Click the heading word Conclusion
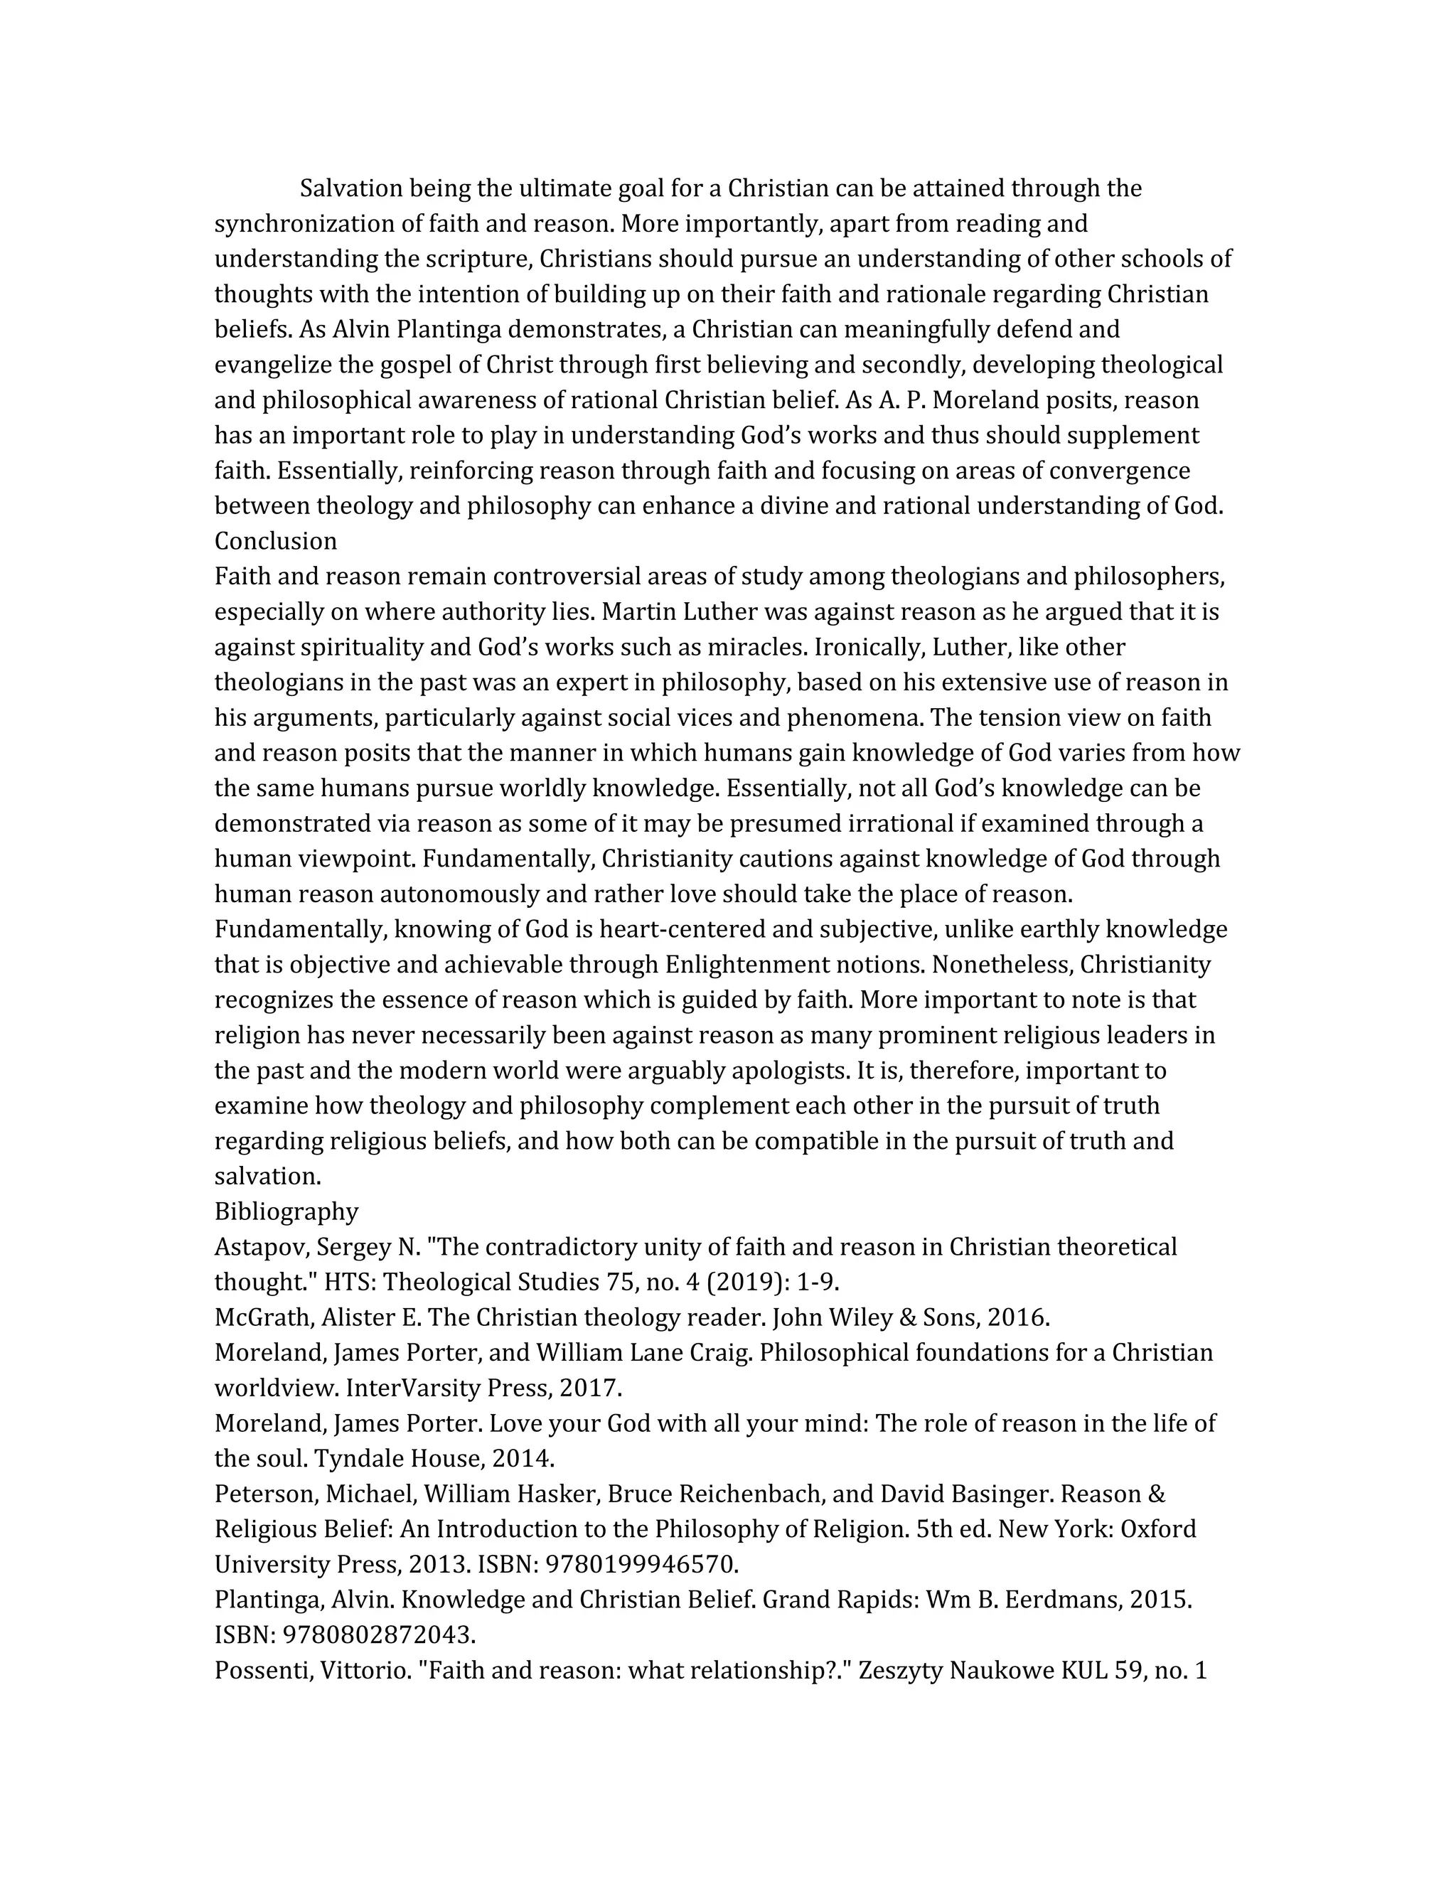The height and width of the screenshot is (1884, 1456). tap(275, 541)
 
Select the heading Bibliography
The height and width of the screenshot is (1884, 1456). tap(286, 1211)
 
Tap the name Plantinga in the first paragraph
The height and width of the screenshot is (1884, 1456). tap(444, 330)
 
